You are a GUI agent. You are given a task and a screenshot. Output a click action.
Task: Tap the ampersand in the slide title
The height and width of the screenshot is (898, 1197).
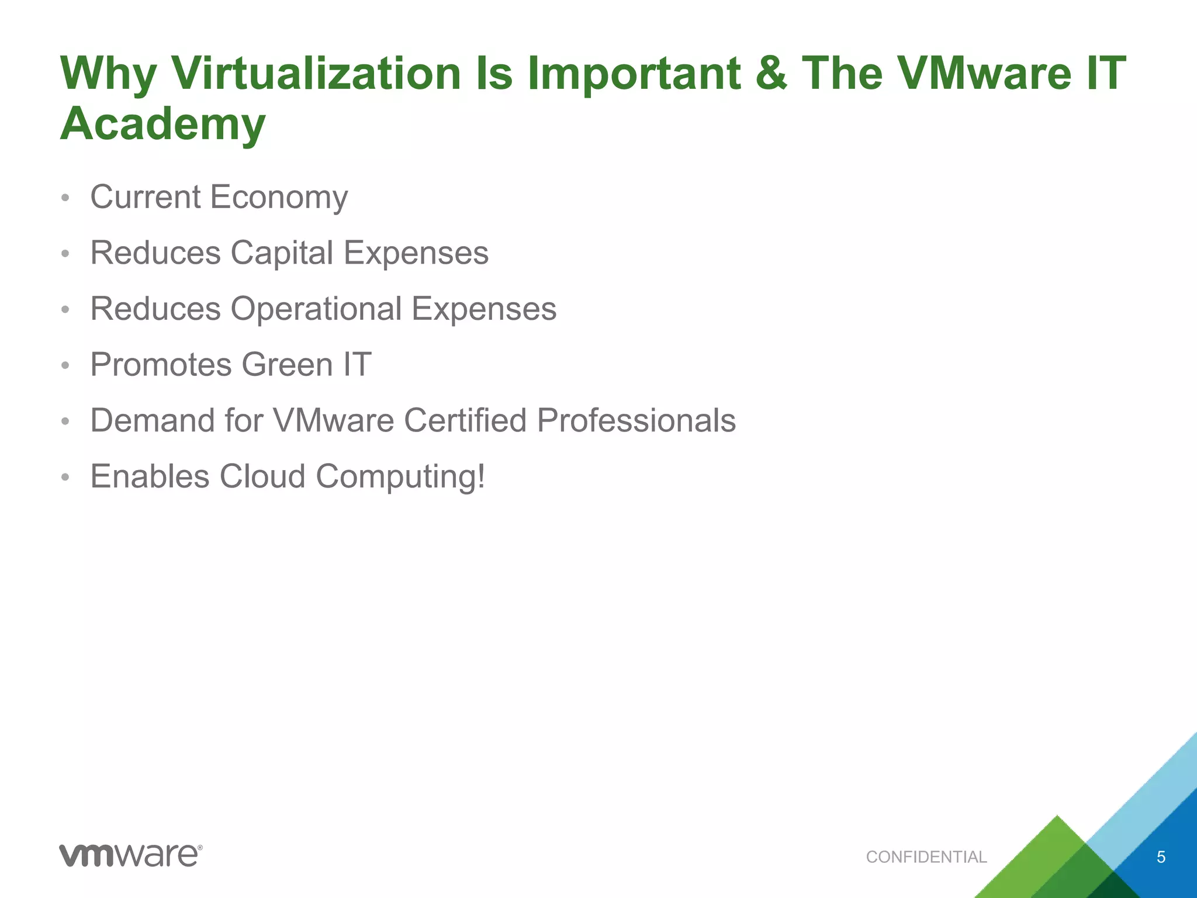[x=771, y=74]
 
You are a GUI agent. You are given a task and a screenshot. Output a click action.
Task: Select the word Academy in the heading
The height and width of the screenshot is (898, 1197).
[x=163, y=124]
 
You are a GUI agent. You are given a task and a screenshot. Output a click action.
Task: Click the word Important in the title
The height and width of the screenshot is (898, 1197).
[x=634, y=74]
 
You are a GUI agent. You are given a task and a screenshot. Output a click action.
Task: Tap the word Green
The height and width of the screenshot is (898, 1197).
[x=287, y=365]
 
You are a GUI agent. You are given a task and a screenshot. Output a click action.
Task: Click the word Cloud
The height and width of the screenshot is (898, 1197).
[x=262, y=476]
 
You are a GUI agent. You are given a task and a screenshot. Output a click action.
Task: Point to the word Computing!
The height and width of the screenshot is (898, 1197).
[x=400, y=477]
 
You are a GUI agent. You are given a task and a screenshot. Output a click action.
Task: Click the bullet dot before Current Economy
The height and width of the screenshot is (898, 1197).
[x=65, y=198]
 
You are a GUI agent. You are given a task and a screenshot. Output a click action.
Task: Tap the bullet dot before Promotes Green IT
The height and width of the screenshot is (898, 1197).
[x=65, y=366]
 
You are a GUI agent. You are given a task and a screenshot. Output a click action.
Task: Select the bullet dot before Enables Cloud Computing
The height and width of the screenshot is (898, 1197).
[x=65, y=478]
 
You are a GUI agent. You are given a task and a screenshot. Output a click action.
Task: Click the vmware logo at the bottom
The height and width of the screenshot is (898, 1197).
[x=130, y=855]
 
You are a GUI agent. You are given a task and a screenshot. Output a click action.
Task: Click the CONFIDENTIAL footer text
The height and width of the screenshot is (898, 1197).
[x=926, y=857]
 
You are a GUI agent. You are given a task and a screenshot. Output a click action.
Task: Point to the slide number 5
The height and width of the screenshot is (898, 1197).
[x=1161, y=857]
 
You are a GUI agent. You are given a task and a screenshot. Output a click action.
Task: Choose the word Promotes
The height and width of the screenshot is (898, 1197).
[x=161, y=365]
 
